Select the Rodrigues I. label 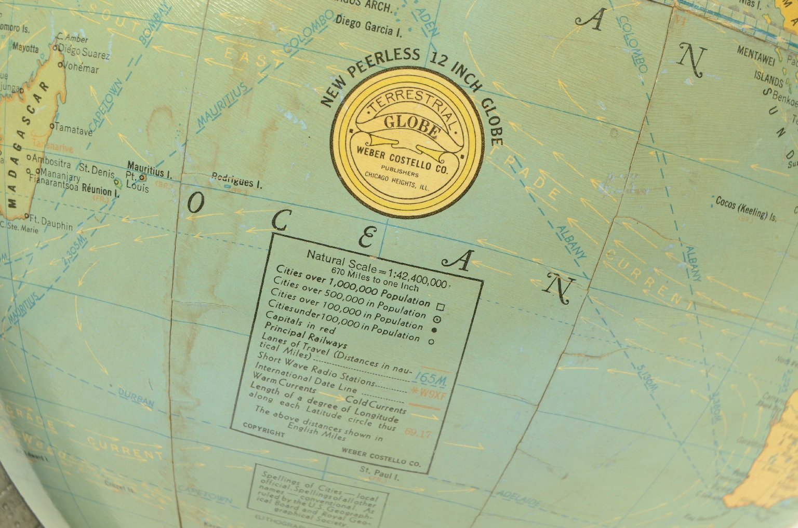236,180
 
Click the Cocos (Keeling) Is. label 746,208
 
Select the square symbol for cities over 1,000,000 441,307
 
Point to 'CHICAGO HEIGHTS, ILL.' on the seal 396,182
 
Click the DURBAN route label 136,397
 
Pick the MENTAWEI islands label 755,55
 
